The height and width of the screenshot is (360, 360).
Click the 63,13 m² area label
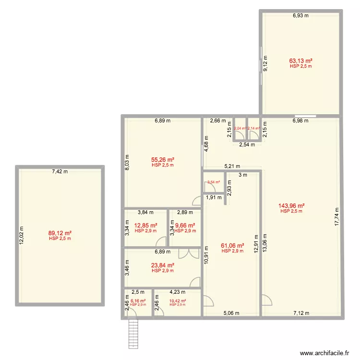(x=301, y=61)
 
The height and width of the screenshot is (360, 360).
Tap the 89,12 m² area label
(x=60, y=233)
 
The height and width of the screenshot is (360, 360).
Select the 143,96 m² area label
(x=292, y=206)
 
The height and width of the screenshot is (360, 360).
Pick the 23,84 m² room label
(x=162, y=265)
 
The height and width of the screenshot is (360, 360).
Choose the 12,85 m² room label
(x=146, y=225)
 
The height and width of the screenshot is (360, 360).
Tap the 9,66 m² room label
(x=185, y=225)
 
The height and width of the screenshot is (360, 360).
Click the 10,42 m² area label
(x=178, y=301)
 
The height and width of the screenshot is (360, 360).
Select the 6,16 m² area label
(x=138, y=301)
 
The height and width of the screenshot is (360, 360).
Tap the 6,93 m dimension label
(x=301, y=15)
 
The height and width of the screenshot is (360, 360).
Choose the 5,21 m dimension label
(x=232, y=167)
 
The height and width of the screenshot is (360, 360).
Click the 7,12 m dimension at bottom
(x=301, y=313)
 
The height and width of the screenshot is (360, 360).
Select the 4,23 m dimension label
(x=177, y=291)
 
